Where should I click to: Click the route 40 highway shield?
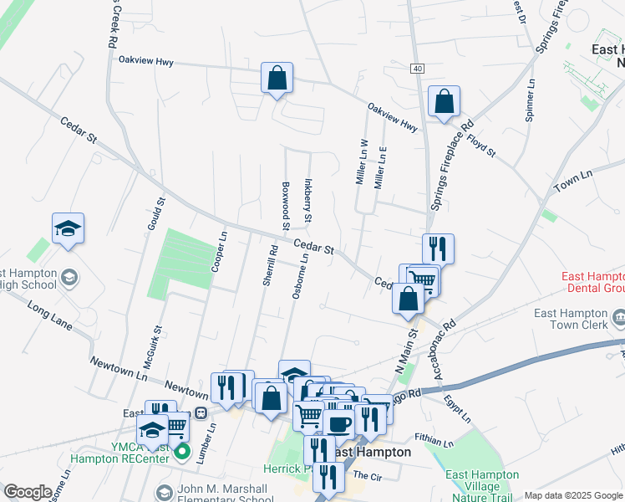point(417,69)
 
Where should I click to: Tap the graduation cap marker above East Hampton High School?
point(69,228)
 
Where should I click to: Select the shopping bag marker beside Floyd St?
point(444,101)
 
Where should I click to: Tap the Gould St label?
point(160,214)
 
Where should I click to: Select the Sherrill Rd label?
point(269,265)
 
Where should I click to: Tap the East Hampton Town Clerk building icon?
point(618,316)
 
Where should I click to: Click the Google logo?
point(28,491)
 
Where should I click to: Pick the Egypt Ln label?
point(458,407)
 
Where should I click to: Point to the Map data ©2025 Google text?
point(572,495)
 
